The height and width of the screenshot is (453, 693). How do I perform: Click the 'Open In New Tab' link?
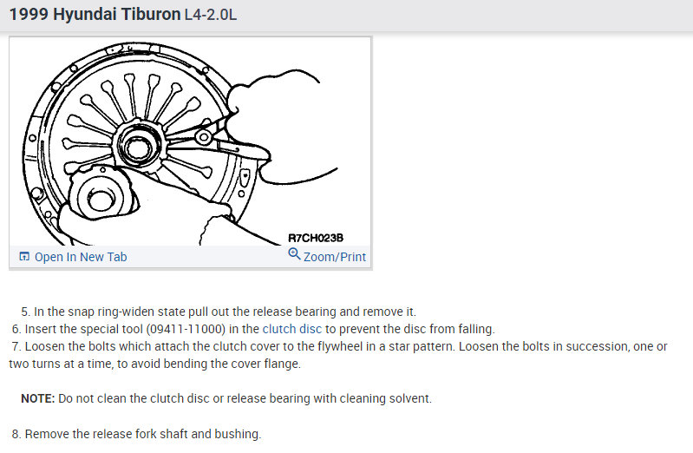click(81, 257)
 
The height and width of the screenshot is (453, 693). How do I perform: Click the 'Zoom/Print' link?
click(334, 257)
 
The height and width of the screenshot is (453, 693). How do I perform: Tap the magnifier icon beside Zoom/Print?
click(294, 255)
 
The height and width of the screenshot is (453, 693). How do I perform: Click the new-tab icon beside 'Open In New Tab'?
click(24, 257)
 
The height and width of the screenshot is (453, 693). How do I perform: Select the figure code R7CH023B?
click(317, 238)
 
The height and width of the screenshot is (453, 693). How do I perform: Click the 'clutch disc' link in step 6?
click(292, 329)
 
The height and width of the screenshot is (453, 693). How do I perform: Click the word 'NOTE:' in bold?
click(37, 398)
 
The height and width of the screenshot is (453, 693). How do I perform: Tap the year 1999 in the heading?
click(28, 16)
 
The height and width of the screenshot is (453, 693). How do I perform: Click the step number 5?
click(25, 312)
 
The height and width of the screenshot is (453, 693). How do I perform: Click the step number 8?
click(15, 433)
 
